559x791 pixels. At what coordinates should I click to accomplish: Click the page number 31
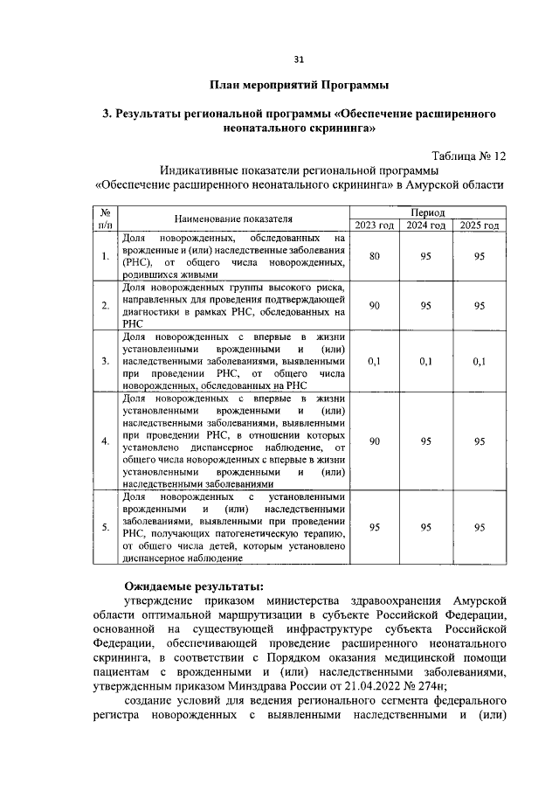(299, 59)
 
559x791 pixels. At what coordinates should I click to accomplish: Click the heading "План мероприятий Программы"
(299, 86)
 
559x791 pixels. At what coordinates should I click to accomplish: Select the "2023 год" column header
(374, 225)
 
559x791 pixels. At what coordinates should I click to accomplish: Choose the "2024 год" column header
(426, 225)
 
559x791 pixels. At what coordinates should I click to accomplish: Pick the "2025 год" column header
(480, 225)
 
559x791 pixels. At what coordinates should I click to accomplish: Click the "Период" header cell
(426, 212)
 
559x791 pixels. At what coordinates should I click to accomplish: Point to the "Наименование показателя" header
(232, 219)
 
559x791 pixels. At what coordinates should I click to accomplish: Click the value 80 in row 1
(374, 256)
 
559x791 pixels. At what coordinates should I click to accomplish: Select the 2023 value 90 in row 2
(374, 305)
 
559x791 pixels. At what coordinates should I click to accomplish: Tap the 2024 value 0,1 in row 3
(426, 360)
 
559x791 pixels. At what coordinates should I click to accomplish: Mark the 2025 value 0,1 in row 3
(480, 360)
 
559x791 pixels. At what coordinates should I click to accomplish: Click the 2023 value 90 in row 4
(374, 441)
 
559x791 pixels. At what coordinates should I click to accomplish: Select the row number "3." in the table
(105, 360)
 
